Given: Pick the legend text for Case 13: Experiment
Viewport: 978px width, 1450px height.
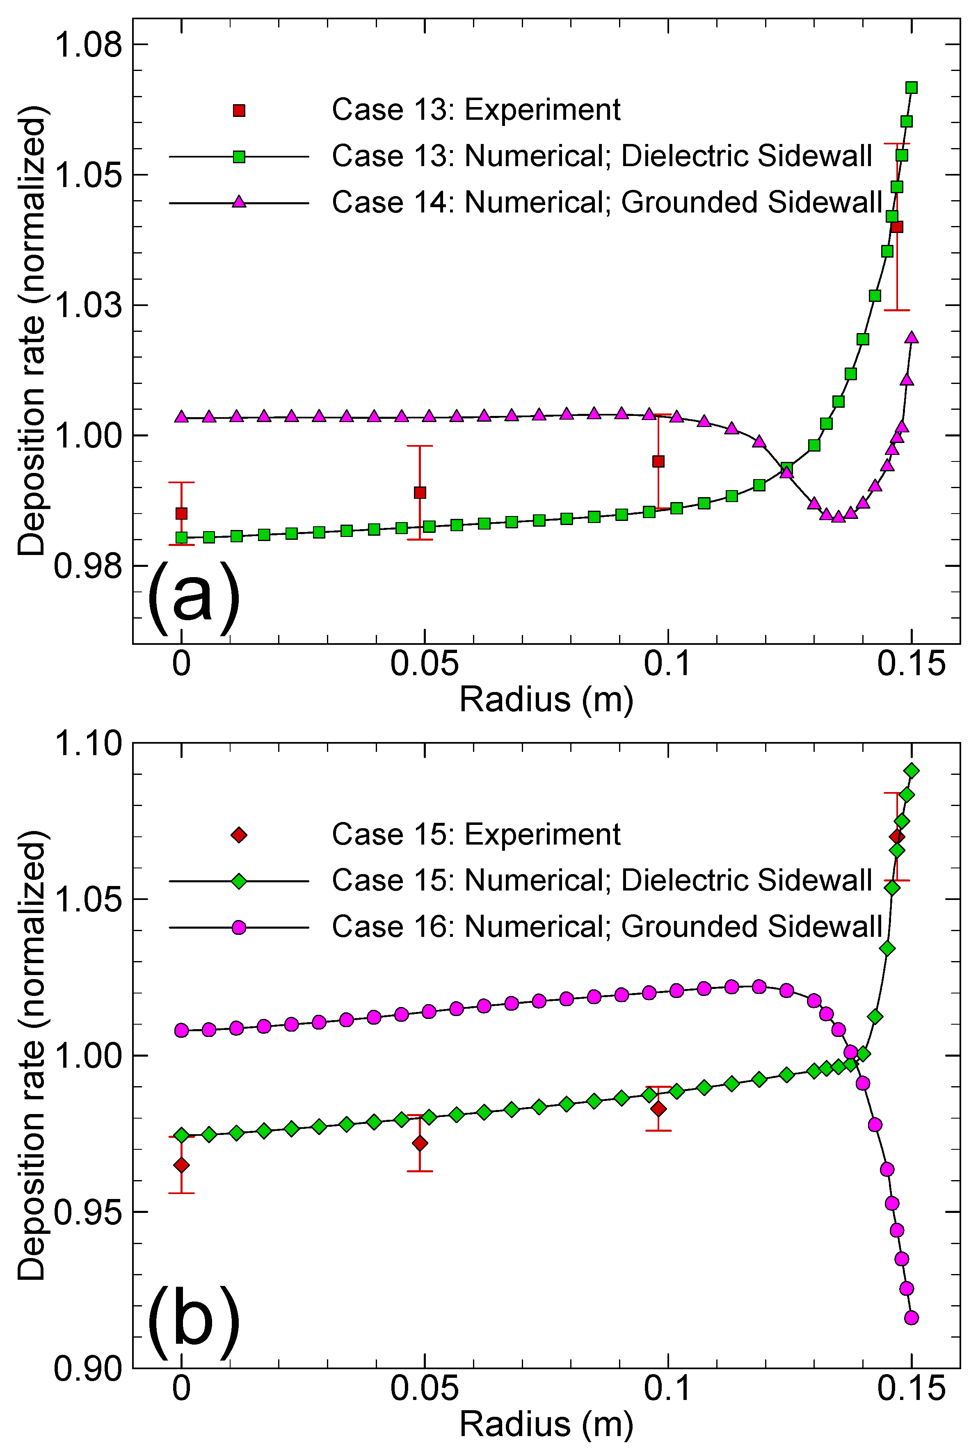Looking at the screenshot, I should [x=475, y=110].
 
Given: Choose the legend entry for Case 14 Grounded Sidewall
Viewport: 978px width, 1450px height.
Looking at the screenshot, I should [x=606, y=202].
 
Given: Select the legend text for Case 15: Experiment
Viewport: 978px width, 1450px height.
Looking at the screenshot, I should [x=475, y=834].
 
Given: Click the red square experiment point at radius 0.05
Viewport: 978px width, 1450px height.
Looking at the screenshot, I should [x=420, y=493].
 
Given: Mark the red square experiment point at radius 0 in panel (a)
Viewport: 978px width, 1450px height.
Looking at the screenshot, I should [x=181, y=513].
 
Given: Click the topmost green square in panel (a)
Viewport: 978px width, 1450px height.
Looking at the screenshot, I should [x=911, y=87].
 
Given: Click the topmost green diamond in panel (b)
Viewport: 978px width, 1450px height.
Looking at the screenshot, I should [x=911, y=771].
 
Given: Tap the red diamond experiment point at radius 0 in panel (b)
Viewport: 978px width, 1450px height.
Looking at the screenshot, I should [x=181, y=1165].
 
